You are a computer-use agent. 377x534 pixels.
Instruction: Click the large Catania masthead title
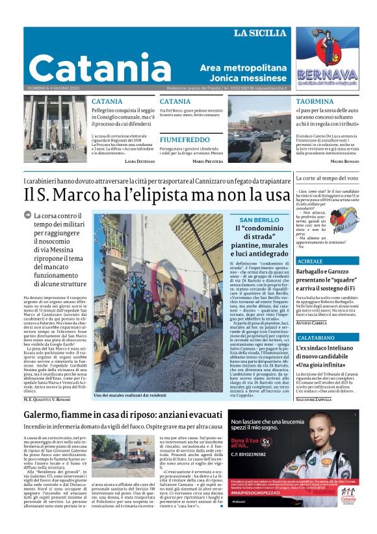[91, 67]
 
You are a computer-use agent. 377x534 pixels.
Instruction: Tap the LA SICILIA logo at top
[259, 33]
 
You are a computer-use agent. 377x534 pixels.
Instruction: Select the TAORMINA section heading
[315, 102]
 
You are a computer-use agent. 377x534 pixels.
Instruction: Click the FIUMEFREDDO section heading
[185, 140]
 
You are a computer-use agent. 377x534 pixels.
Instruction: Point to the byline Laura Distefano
[139, 160]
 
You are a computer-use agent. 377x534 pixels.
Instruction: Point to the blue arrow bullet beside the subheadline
[27, 215]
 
